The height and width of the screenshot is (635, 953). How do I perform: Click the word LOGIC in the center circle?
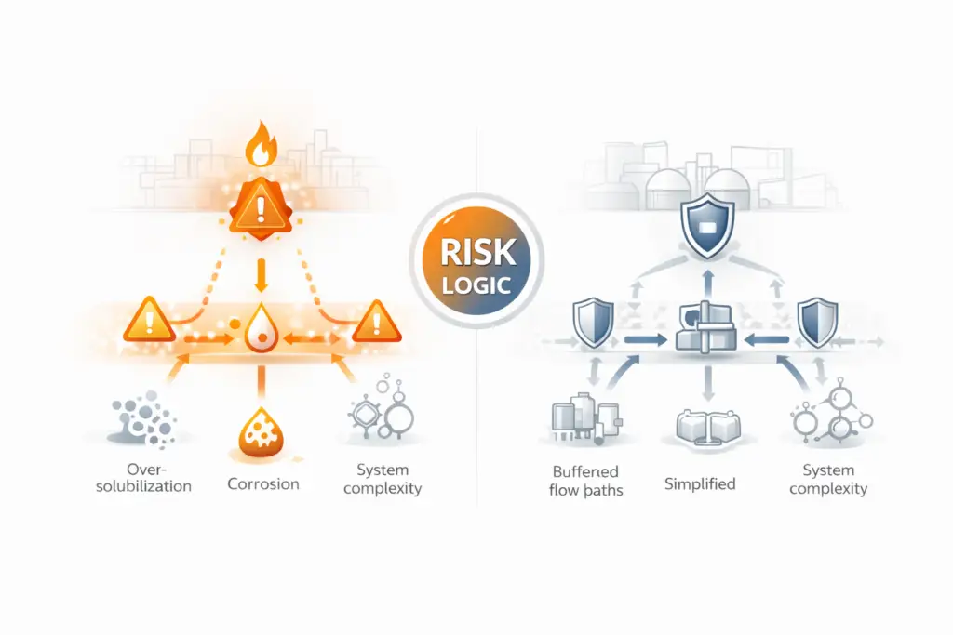tap(476, 284)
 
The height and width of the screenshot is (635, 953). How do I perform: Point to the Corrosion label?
tap(263, 483)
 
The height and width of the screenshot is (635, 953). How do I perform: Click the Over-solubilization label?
tap(143, 478)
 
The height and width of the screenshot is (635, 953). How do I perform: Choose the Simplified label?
tap(701, 483)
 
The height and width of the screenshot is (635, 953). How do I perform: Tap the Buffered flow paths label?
tap(587, 480)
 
